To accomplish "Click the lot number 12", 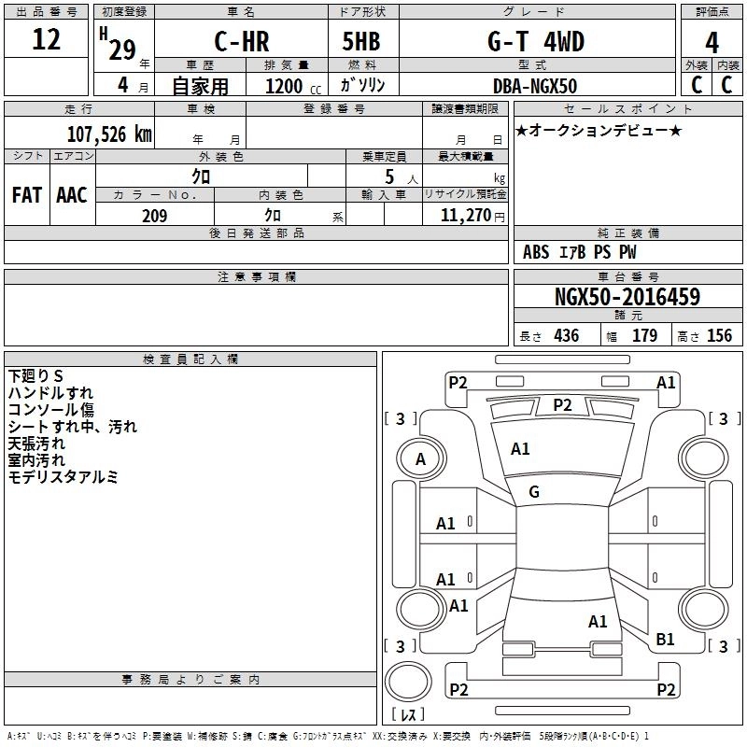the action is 46,40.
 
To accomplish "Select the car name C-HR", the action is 242,41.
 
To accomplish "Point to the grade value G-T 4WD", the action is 535,41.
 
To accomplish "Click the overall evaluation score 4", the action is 712,42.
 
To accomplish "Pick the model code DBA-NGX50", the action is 535,86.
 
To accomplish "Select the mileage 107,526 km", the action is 109,134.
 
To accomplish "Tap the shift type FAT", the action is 26,195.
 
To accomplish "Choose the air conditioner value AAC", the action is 72,195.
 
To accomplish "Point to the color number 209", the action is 154,216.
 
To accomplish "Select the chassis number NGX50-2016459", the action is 627,297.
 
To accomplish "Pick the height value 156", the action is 719,336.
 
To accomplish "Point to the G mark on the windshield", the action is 534,492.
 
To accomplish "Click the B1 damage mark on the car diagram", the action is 666,639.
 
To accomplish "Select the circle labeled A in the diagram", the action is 420,458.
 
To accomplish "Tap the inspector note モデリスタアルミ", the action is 63,477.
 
